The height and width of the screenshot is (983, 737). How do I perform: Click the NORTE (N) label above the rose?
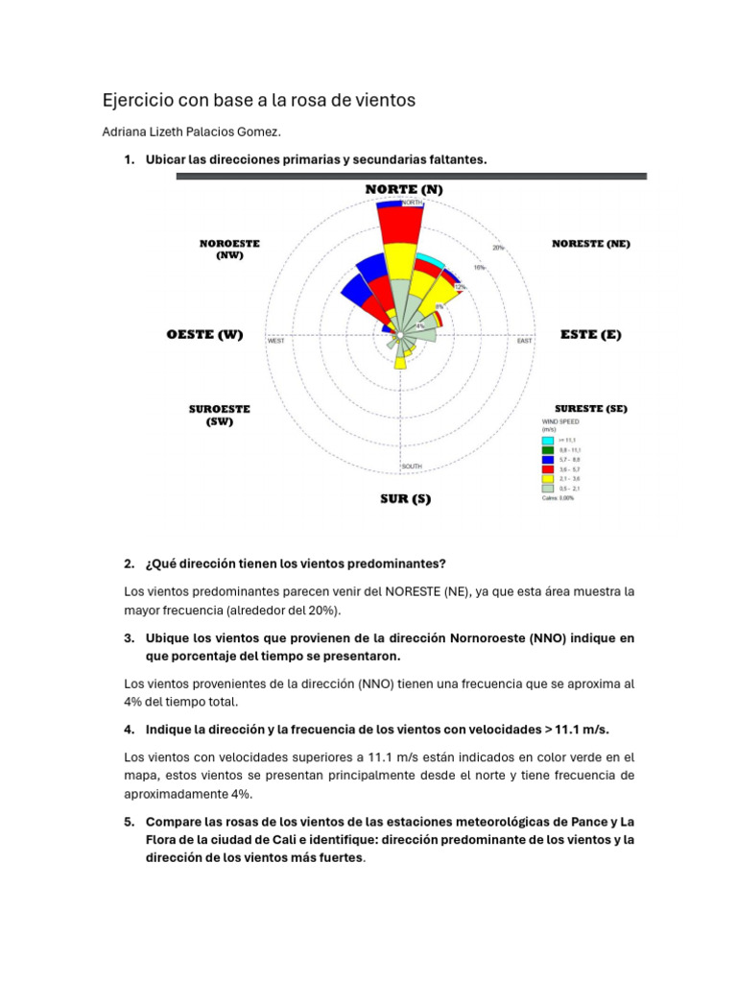[404, 189]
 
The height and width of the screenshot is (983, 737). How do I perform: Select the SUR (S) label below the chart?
[405, 499]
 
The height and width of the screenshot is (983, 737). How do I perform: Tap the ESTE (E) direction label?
[590, 335]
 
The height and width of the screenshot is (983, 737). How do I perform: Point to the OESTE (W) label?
[204, 335]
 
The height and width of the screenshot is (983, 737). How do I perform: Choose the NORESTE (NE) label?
[591, 244]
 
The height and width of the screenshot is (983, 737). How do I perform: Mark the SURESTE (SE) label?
[590, 408]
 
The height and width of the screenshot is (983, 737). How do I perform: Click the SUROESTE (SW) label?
[219, 415]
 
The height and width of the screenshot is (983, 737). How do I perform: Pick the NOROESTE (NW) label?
[229, 250]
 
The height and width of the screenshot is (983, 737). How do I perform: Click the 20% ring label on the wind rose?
[498, 248]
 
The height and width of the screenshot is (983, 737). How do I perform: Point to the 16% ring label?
[478, 268]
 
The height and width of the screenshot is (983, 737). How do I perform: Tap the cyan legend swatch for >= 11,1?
[548, 440]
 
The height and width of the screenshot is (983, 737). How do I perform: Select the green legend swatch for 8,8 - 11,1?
[548, 449]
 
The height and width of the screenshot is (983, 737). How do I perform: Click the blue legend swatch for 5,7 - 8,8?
[548, 459]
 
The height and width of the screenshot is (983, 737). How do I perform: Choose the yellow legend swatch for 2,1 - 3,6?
[548, 478]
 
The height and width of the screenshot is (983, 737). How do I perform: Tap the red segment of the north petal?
[399, 226]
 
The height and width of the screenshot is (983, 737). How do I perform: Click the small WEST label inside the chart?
[276, 341]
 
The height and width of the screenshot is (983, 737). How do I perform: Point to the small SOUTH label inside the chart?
[411, 467]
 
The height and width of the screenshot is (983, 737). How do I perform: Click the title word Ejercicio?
[139, 100]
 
